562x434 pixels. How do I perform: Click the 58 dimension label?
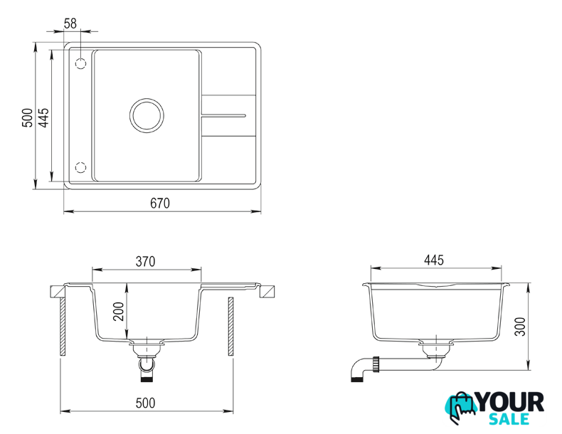click(x=70, y=23)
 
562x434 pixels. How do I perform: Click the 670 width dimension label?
click(x=160, y=203)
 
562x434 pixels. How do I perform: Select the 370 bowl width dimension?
click(x=146, y=262)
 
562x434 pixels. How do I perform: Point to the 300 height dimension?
click(x=520, y=327)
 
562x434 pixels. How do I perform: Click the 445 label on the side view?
click(x=434, y=260)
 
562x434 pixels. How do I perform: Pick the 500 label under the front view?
click(x=146, y=403)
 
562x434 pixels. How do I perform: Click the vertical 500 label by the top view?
click(x=27, y=117)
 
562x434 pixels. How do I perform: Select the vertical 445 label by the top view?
click(x=43, y=117)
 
